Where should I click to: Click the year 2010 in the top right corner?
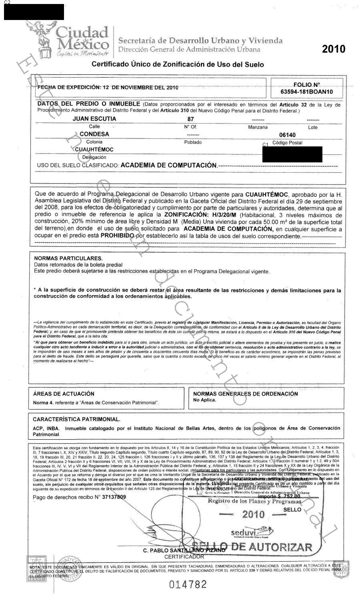tap(333, 49)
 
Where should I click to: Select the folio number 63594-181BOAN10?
tap(307, 92)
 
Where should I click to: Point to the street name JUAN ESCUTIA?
tap(94, 119)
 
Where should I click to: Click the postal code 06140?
tap(287, 135)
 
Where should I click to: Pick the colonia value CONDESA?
tap(94, 134)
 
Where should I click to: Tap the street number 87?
tap(191, 119)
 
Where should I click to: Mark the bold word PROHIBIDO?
tap(117, 236)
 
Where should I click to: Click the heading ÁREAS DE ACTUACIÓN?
tap(64, 394)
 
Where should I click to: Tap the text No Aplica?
tap(204, 400)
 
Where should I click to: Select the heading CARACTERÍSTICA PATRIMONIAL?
tap(76, 420)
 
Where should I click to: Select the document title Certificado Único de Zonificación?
tap(178, 64)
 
